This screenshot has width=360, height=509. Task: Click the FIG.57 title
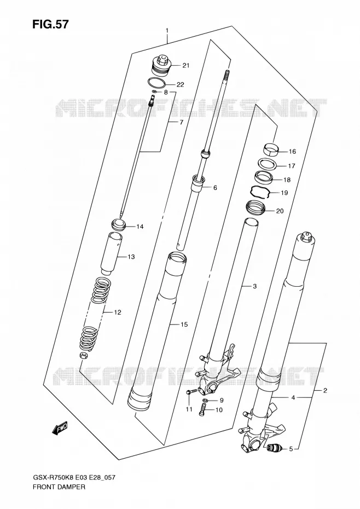pos(50,24)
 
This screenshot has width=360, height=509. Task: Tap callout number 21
pos(185,66)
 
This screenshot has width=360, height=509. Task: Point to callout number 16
pos(292,152)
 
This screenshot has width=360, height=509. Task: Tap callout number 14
pos(140,227)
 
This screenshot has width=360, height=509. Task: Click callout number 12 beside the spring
pos(117,313)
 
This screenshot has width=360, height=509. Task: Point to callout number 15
pos(184,325)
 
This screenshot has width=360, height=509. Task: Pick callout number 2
pos(325,390)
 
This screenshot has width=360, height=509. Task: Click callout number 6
pos(215,188)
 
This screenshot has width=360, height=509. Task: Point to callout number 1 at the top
pos(167,31)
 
